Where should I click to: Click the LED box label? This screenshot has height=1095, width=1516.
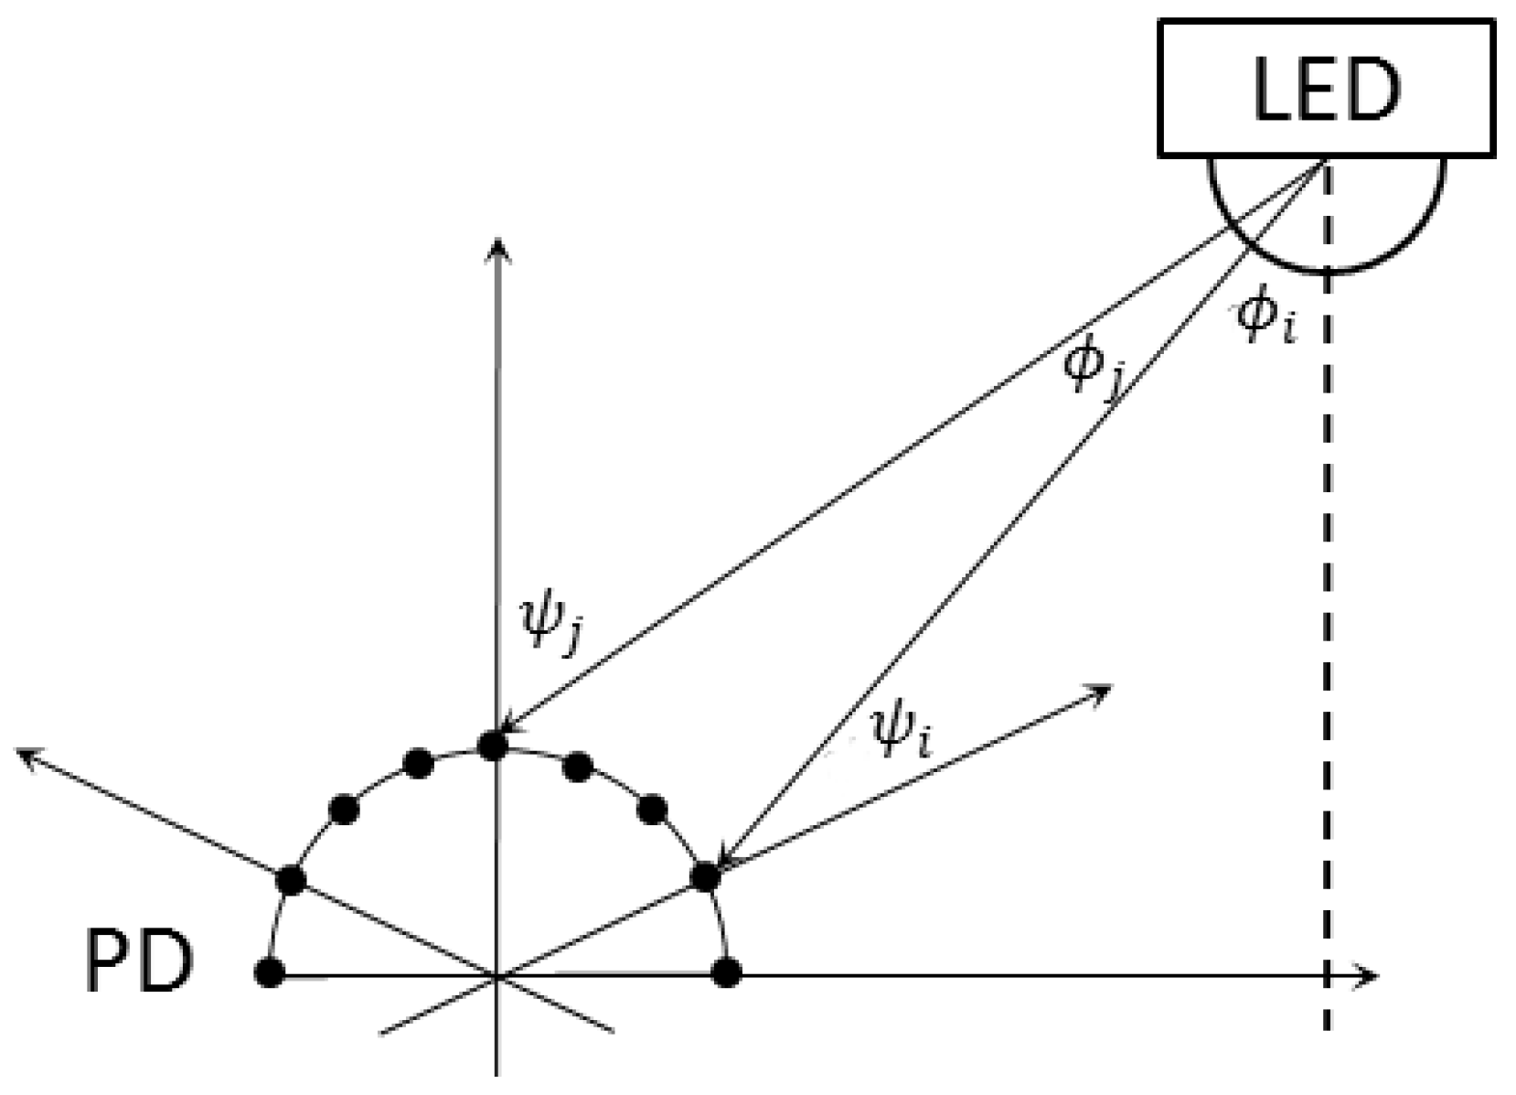1326,89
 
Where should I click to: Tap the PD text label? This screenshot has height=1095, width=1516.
138,962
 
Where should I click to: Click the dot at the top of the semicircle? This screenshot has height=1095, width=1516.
493,746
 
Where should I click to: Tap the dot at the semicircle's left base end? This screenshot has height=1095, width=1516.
269,972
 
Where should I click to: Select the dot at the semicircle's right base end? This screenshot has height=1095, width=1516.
726,972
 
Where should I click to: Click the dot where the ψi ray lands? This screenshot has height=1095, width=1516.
705,876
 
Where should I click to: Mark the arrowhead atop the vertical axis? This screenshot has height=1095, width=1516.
496,245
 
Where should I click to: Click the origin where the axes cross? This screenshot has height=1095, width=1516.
496,976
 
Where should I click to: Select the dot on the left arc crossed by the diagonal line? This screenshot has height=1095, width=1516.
291,880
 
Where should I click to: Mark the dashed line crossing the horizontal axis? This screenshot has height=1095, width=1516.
1328,976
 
